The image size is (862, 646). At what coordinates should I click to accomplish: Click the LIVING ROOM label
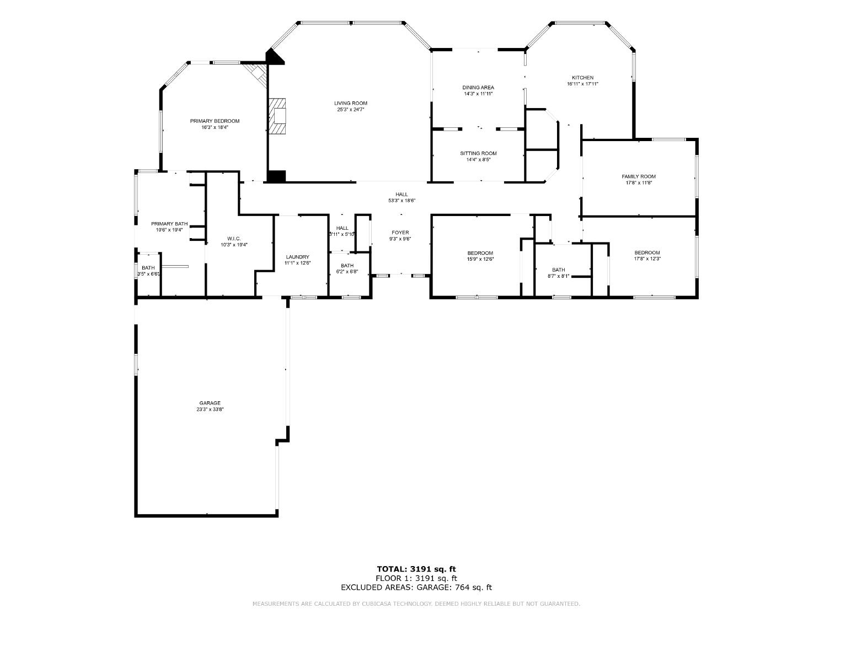(x=350, y=103)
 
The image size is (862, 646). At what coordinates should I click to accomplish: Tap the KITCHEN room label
(x=582, y=78)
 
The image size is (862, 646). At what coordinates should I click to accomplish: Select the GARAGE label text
(x=210, y=403)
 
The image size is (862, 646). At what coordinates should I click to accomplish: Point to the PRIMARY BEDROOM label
(x=215, y=121)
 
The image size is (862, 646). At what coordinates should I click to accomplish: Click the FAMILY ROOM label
(x=639, y=176)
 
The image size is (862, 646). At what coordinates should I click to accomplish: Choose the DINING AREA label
(x=478, y=87)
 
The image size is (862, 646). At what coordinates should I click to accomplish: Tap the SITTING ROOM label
(x=478, y=153)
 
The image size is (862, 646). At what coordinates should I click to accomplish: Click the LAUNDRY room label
(x=297, y=257)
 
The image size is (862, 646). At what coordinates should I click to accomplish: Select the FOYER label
(x=400, y=233)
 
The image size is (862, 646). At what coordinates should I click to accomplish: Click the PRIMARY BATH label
(x=169, y=224)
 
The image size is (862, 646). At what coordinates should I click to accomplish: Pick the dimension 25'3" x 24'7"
(x=351, y=110)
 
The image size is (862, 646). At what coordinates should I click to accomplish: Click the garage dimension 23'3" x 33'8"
(x=210, y=410)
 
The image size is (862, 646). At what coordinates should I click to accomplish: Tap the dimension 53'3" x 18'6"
(x=401, y=201)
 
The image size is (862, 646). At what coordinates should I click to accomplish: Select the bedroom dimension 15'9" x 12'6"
(x=480, y=259)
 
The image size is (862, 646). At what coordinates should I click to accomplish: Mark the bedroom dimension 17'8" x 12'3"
(x=647, y=259)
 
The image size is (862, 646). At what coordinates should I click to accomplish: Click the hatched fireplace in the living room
(x=279, y=116)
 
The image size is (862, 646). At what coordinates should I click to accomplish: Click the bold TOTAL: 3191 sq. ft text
(x=416, y=569)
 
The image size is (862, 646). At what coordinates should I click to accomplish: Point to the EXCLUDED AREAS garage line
(x=416, y=588)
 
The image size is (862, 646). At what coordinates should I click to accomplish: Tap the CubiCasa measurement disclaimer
(x=416, y=604)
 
